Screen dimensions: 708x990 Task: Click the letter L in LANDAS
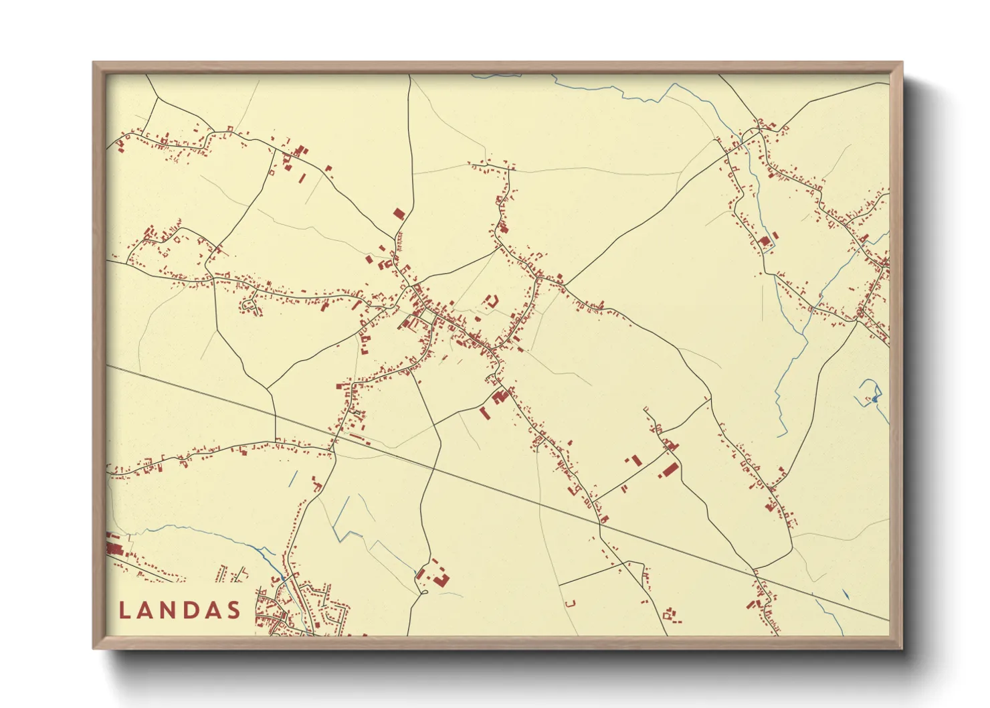click(x=124, y=610)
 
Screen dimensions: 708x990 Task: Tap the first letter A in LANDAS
click(x=146, y=610)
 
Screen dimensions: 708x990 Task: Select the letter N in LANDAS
click(x=169, y=610)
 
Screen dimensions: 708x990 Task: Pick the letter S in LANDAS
click(x=233, y=610)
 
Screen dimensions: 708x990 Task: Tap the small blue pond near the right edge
click(x=874, y=400)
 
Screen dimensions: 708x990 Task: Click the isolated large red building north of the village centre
click(x=399, y=214)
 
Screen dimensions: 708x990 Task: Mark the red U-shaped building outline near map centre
click(x=492, y=301)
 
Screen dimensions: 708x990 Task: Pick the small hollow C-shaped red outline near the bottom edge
click(x=571, y=604)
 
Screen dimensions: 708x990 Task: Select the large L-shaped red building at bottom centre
click(x=440, y=579)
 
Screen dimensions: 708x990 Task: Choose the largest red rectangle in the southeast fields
click(x=670, y=470)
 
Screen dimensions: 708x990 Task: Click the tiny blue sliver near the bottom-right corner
click(x=846, y=594)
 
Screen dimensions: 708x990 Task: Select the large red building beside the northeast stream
click(x=765, y=241)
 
